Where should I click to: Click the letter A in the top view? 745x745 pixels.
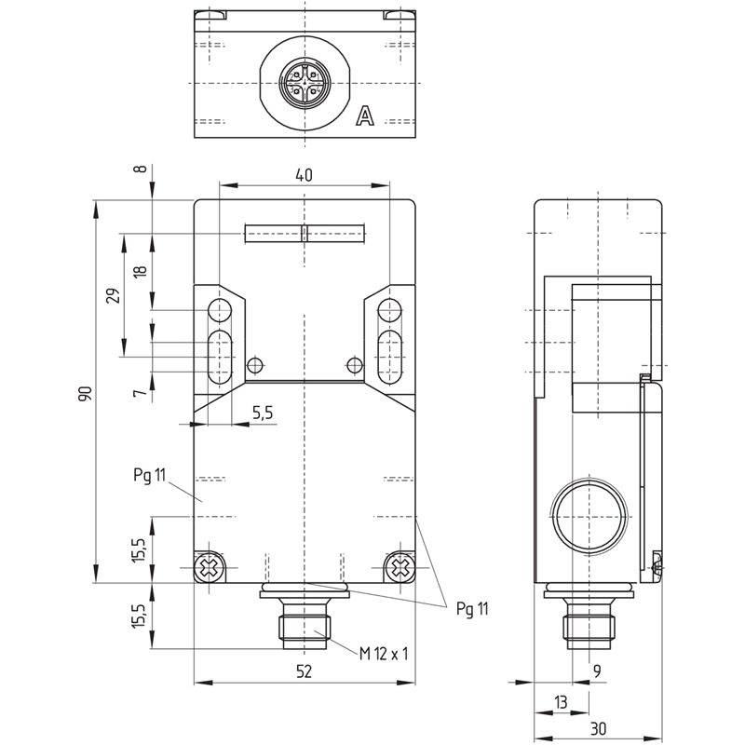point(365,116)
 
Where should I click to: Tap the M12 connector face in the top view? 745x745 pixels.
point(305,83)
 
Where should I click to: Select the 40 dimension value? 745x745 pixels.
point(305,175)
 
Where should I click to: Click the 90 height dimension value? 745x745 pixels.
point(85,394)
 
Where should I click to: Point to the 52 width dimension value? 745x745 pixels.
point(305,670)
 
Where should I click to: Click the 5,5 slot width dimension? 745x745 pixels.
point(263,413)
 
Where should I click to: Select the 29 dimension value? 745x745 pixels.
point(113,295)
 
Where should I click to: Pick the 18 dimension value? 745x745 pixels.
point(141,271)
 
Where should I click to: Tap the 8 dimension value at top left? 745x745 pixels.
point(141,169)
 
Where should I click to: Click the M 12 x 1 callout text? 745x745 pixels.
point(384,654)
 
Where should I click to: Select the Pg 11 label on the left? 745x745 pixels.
point(149,475)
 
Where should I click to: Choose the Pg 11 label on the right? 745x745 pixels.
point(472,609)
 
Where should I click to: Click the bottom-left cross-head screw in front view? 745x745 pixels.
point(209,567)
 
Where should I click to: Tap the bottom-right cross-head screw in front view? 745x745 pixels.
point(400,567)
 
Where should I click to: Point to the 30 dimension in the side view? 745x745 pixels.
point(598,728)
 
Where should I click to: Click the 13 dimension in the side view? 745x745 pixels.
point(562,702)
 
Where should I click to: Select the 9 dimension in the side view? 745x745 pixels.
point(597,670)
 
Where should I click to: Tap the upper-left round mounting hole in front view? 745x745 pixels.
point(219,310)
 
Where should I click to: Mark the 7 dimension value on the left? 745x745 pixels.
point(138,393)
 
